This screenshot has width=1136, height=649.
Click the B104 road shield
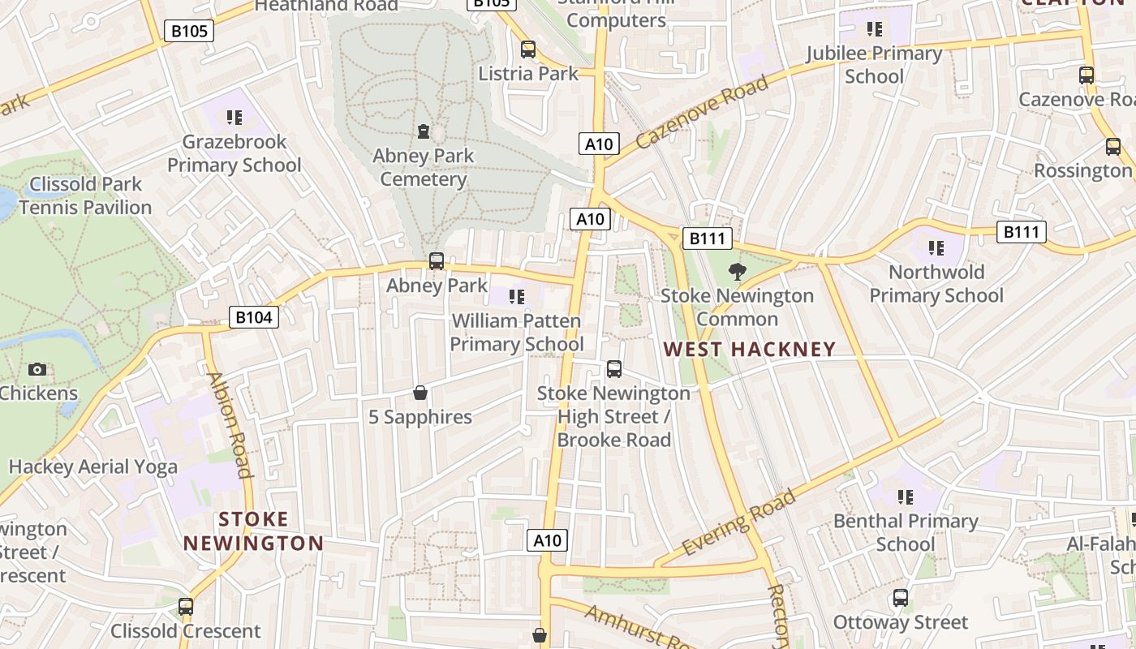(253, 317)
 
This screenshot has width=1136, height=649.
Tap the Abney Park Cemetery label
(423, 167)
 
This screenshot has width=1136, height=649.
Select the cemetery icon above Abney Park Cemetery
(423, 131)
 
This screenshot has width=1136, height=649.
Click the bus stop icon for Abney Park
(436, 261)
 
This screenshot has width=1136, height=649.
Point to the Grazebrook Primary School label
(234, 153)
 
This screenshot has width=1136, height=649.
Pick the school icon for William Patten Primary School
(516, 297)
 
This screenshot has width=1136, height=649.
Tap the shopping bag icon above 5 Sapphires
(420, 393)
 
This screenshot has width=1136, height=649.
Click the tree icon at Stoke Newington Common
(737, 272)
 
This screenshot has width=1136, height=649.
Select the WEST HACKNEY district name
(749, 350)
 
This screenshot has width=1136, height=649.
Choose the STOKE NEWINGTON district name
(253, 531)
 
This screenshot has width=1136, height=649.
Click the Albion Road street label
(230, 425)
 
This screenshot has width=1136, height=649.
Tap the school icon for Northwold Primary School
(936, 248)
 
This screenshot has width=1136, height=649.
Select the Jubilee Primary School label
(874, 65)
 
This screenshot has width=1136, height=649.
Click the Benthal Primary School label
(906, 532)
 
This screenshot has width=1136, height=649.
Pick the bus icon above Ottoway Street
(900, 599)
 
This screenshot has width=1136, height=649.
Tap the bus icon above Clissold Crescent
(186, 607)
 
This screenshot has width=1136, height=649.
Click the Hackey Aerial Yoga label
(93, 466)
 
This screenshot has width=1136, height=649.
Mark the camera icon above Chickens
(37, 370)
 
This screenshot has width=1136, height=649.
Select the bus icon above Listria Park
(528, 49)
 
